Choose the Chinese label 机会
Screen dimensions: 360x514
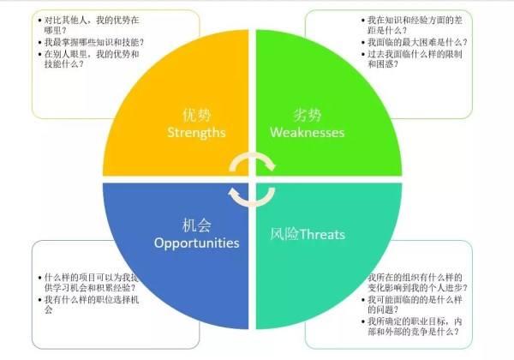click(195, 224)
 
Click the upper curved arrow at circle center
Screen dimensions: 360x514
click(254, 162)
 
